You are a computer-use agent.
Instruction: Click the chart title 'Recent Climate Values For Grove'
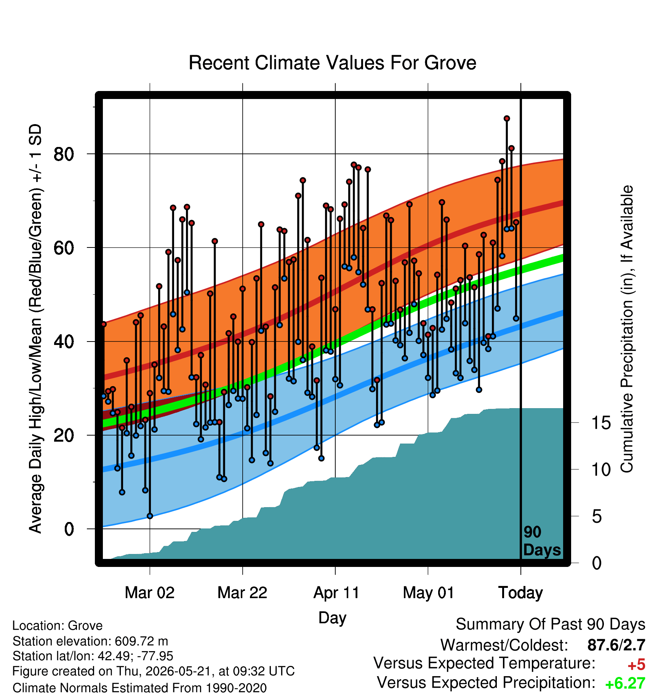[x=332, y=63]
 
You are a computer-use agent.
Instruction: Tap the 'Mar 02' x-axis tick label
[x=150, y=592]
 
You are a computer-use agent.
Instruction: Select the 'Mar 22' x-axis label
[x=242, y=592]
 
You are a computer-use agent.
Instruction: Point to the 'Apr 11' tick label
[x=336, y=593]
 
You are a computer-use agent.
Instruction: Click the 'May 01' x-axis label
[x=428, y=593]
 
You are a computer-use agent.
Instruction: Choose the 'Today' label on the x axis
[x=521, y=593]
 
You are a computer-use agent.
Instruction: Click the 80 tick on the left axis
[x=64, y=154]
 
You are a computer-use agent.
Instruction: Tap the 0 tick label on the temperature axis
[x=69, y=529]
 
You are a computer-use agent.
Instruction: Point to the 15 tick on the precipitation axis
[x=601, y=423]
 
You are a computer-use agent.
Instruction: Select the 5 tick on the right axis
[x=597, y=516]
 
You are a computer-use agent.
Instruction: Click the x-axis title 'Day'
[x=332, y=618]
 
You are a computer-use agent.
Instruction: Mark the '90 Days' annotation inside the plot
[x=542, y=541]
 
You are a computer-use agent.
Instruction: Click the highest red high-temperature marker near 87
[x=507, y=119]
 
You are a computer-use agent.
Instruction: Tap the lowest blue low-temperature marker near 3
[x=150, y=516]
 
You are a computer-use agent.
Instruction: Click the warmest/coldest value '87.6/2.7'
[x=616, y=645]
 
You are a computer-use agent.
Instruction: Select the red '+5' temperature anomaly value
[x=636, y=665]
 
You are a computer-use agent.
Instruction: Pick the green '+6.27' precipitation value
[x=625, y=683]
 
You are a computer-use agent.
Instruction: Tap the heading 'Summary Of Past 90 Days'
[x=551, y=624]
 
